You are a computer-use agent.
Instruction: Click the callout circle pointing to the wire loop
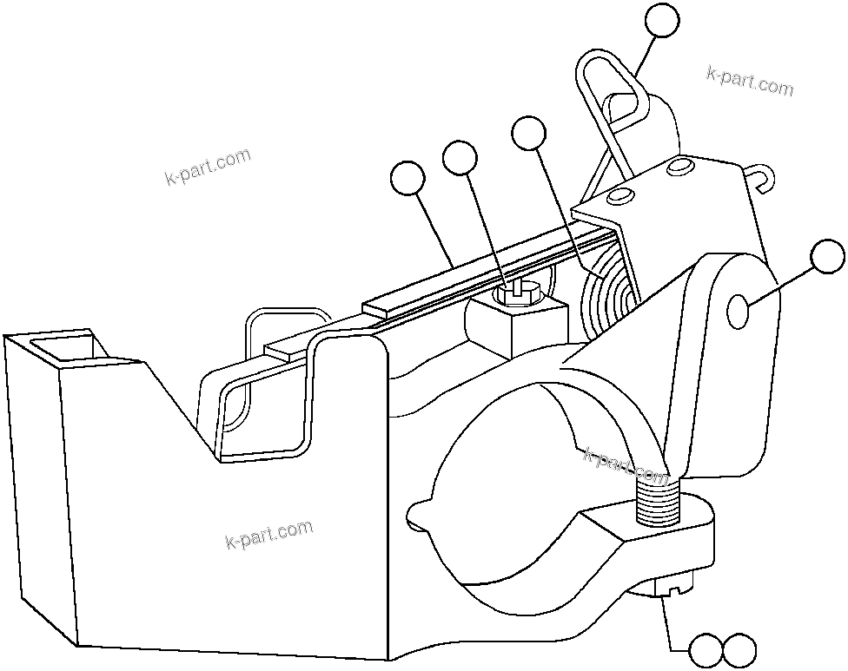[663, 22]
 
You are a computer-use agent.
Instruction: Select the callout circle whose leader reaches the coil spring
[529, 133]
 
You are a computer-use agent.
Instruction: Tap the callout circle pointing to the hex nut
[460, 158]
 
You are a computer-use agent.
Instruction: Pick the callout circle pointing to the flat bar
[407, 178]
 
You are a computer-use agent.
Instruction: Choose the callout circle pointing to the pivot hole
[826, 258]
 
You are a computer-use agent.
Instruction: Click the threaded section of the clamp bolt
[656, 504]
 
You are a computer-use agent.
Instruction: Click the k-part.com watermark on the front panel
[268, 534]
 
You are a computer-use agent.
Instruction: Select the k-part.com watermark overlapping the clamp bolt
[627, 464]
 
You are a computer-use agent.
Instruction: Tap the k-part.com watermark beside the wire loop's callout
[750, 81]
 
